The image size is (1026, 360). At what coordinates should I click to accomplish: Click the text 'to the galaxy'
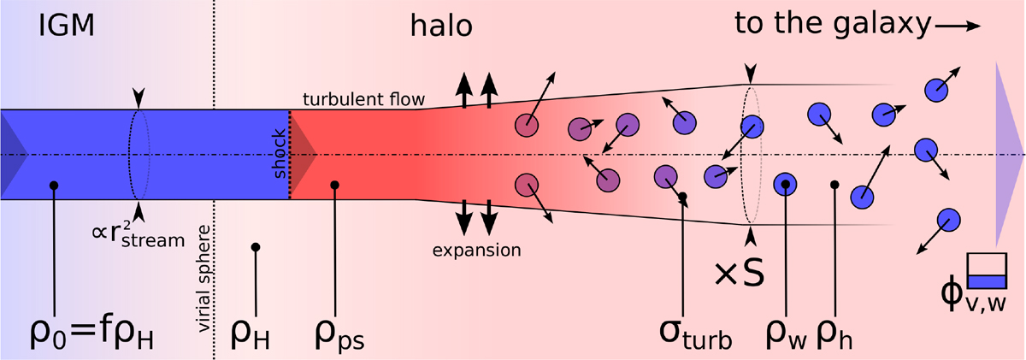[831, 27]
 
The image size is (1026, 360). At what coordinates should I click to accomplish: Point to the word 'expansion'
[475, 251]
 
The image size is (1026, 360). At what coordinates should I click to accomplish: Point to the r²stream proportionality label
[138, 237]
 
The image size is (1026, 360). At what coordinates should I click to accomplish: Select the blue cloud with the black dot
[785, 183]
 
